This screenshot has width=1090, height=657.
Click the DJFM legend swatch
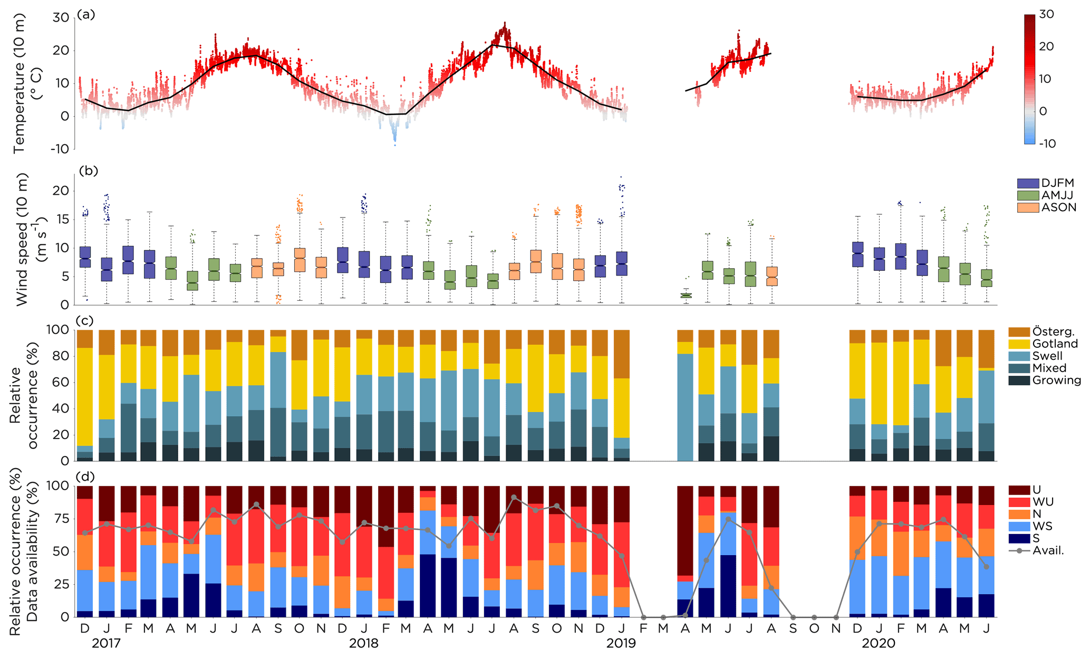1028,183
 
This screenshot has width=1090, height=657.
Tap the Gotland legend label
1055,344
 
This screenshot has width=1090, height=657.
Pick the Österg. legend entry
1053,331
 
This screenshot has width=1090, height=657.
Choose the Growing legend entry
1056,380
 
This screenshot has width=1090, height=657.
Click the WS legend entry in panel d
1042,526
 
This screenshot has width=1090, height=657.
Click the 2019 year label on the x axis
621,643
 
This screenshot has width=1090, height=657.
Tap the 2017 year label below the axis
106,643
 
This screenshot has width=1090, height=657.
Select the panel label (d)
85,477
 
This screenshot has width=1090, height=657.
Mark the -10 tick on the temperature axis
60,149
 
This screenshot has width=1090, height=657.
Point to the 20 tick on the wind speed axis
62,191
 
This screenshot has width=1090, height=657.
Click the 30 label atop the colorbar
1046,14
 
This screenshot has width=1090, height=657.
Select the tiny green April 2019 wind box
686,296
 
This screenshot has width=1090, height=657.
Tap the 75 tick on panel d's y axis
62,518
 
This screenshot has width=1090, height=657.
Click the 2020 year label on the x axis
879,643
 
